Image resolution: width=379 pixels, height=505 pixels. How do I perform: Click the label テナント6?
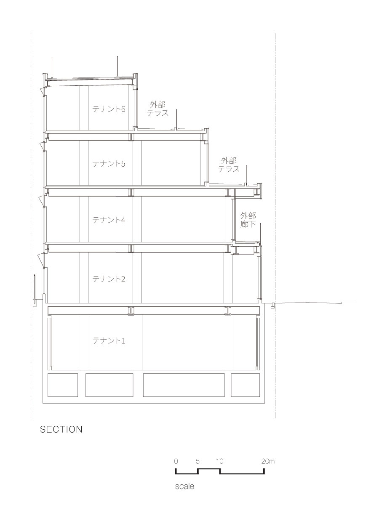[109, 109]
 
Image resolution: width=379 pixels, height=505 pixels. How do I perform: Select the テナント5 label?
[109, 164]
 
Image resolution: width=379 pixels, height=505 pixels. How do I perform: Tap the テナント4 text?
[109, 220]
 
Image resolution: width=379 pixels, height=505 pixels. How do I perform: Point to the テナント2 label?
[109, 279]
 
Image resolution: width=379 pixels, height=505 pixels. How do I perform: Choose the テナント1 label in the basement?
[109, 340]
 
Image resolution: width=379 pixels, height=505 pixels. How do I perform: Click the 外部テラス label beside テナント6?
[157, 109]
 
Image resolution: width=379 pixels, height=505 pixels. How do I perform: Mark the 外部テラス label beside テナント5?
[229, 165]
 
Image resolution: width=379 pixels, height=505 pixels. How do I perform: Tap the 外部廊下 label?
[248, 220]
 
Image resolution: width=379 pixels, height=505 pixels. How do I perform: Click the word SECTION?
[61, 430]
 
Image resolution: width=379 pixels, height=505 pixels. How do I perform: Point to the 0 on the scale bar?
[176, 461]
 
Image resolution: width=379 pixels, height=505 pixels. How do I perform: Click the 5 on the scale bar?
[198, 461]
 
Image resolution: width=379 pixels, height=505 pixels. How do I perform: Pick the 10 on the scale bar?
[219, 461]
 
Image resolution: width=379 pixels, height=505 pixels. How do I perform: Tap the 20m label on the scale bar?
[268, 461]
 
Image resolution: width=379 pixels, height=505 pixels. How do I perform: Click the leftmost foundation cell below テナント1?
[63, 385]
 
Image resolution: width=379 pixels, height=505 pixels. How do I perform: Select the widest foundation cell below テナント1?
[184, 385]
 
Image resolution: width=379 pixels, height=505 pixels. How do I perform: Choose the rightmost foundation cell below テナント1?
[246, 385]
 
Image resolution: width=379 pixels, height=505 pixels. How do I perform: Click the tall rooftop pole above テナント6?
[117, 66]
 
